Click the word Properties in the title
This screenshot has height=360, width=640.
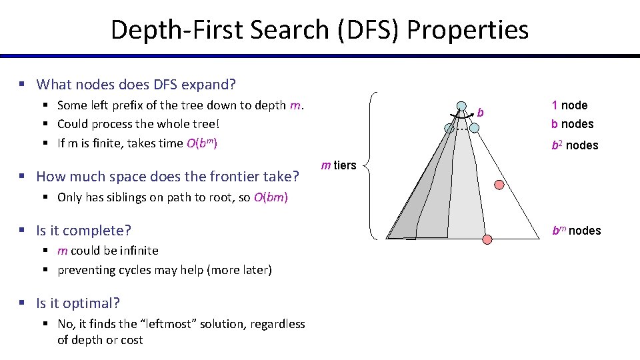pyautogui.click(x=467, y=29)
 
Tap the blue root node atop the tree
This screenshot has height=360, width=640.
pyautogui.click(x=461, y=105)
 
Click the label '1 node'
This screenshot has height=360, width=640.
pyautogui.click(x=569, y=105)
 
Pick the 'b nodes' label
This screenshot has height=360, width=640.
pyautogui.click(x=572, y=124)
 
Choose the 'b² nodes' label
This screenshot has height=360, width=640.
pyautogui.click(x=574, y=145)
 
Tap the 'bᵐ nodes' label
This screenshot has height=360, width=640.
pyautogui.click(x=576, y=231)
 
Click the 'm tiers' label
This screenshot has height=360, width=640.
pyautogui.click(x=339, y=165)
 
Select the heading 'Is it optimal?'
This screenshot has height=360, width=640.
pyautogui.click(x=78, y=303)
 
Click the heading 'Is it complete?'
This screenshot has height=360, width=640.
pyautogui.click(x=83, y=231)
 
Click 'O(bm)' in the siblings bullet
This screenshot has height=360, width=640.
pyautogui.click(x=271, y=197)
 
